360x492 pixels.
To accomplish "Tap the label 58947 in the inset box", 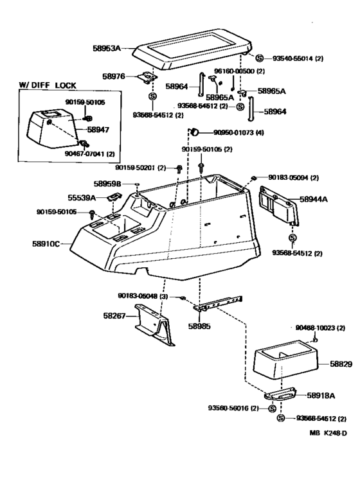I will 98,130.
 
